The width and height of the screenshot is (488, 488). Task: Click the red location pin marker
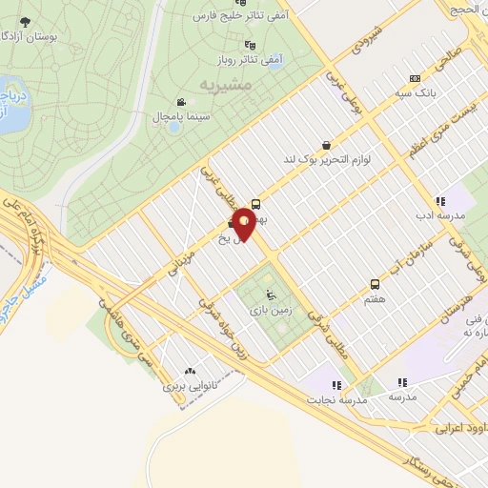pos(245,224)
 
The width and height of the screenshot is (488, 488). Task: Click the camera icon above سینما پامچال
pos(180,102)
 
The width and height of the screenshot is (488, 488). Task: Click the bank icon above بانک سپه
pos(414,78)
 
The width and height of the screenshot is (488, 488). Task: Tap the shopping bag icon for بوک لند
pos(328,146)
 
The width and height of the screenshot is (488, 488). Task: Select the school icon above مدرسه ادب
pos(439,201)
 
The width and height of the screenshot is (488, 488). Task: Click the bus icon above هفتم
pos(375,284)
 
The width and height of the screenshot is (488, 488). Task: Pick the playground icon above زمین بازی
pos(271,294)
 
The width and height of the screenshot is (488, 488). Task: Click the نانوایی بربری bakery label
pos(191,388)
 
